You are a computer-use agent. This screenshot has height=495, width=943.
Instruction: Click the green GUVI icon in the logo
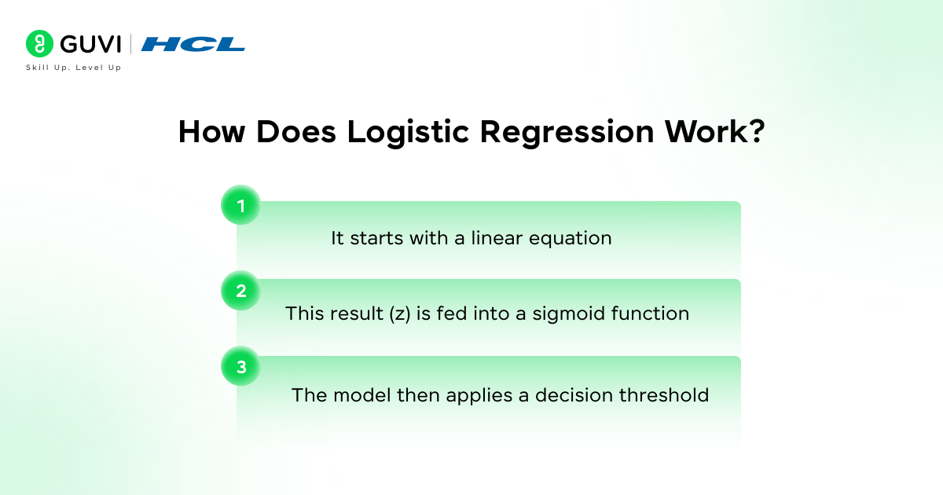click(39, 44)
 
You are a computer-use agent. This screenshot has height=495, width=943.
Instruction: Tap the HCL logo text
click(193, 45)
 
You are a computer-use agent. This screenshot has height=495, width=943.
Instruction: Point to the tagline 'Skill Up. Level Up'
click(73, 68)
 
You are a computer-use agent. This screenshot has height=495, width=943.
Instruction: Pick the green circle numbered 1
click(240, 206)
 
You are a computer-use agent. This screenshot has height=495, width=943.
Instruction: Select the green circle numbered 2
click(240, 291)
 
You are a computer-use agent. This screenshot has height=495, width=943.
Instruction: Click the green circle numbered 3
click(240, 367)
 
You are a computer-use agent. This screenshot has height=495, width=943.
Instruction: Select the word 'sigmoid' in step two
click(569, 313)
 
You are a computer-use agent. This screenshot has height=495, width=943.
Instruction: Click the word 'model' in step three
click(354, 394)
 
